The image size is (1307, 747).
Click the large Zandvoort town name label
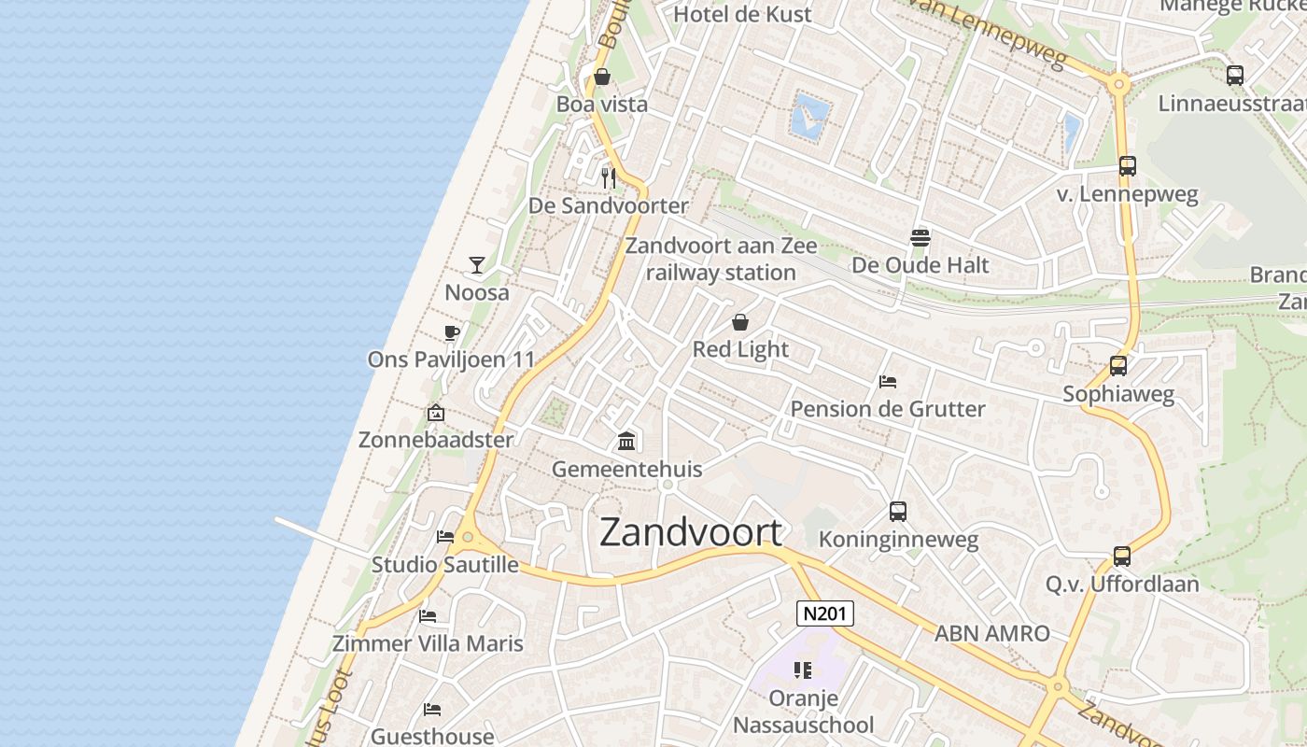coord(691,532)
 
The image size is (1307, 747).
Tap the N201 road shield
coord(825,613)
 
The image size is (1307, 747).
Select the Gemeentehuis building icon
coord(627,441)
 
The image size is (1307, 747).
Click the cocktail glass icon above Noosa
coord(477,265)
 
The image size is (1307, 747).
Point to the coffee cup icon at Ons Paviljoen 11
coord(452,333)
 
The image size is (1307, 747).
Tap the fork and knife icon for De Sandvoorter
coord(609,177)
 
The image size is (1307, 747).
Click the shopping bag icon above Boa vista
coord(602,77)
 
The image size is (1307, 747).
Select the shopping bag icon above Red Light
coord(740,323)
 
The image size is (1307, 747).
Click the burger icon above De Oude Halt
coord(921,237)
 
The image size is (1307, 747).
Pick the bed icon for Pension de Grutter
coord(888,382)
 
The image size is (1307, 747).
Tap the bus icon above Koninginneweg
coord(898,512)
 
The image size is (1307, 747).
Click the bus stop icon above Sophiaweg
coord(1118,366)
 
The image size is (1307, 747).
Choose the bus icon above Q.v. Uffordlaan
coord(1122,557)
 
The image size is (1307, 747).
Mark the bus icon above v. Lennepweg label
coord(1128,166)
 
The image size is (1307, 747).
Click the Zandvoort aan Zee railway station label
coord(721,260)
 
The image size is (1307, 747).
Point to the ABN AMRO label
coord(992,634)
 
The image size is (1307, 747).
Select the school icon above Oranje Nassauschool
coord(803,670)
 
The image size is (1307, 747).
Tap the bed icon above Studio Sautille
coord(445,537)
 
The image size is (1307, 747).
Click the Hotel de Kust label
coord(742,14)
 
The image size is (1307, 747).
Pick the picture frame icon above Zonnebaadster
coord(436,413)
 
